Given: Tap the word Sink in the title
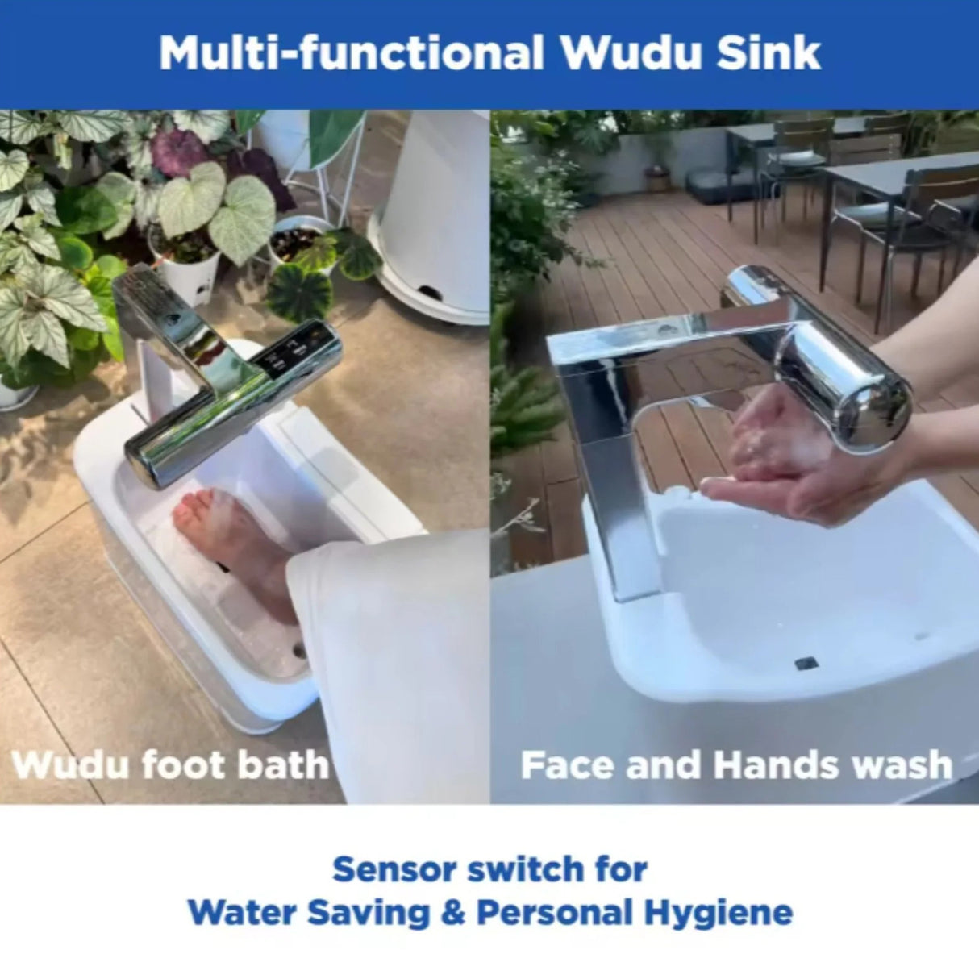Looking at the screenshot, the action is [x=769, y=53].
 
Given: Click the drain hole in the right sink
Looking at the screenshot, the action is [x=806, y=663].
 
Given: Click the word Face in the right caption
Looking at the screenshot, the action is [x=568, y=765].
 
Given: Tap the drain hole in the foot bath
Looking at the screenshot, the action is [x=301, y=650].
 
